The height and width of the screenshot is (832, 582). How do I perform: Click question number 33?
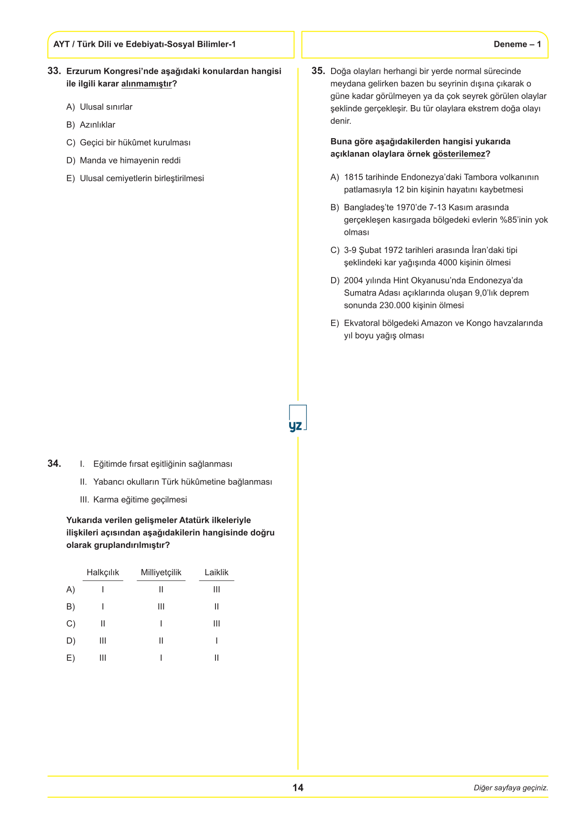pyautogui.click(x=54, y=71)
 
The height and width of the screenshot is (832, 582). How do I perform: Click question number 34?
pyautogui.click(x=54, y=463)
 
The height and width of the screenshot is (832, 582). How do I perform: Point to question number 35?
pyautogui.click(x=318, y=71)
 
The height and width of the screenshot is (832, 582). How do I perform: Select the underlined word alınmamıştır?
pyautogui.click(x=146, y=84)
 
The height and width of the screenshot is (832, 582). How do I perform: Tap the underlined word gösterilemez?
pyautogui.click(x=459, y=154)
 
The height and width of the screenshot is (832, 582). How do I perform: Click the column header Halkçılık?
pyautogui.click(x=103, y=572)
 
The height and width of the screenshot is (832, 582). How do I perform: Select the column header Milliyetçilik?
pyautogui.click(x=161, y=572)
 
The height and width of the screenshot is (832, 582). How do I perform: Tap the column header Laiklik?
pyautogui.click(x=216, y=572)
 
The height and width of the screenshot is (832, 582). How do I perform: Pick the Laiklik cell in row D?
pyautogui.click(x=216, y=641)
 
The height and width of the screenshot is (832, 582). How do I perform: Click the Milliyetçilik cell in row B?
pyautogui.click(x=161, y=607)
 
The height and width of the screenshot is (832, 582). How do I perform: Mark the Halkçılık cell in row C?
pyautogui.click(x=103, y=624)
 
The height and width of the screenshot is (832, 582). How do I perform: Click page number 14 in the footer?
pyautogui.click(x=298, y=788)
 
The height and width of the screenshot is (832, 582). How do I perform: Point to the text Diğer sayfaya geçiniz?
pyautogui.click(x=511, y=788)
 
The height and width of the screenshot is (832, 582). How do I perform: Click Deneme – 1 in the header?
pyautogui.click(x=517, y=44)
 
